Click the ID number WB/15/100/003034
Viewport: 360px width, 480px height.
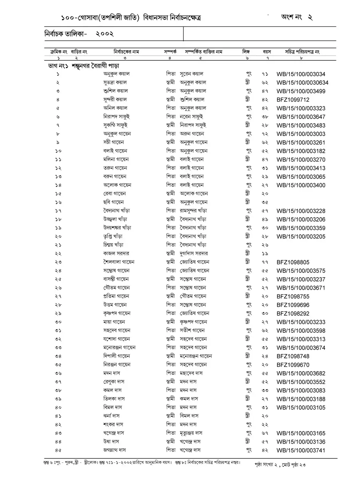(x=301, y=74)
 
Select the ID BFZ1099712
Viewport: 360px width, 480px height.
(x=292, y=100)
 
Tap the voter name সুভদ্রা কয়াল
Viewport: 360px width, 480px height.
(x=115, y=82)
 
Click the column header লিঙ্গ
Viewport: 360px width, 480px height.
(x=246, y=52)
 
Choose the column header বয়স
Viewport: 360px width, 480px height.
(x=267, y=52)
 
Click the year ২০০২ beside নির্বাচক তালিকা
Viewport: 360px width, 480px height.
(x=105, y=35)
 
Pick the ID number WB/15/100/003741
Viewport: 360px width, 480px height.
(x=301, y=450)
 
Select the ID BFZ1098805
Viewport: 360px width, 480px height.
(x=292, y=262)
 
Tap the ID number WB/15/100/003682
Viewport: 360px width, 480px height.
(x=301, y=374)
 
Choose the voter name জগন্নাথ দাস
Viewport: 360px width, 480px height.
(x=114, y=450)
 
